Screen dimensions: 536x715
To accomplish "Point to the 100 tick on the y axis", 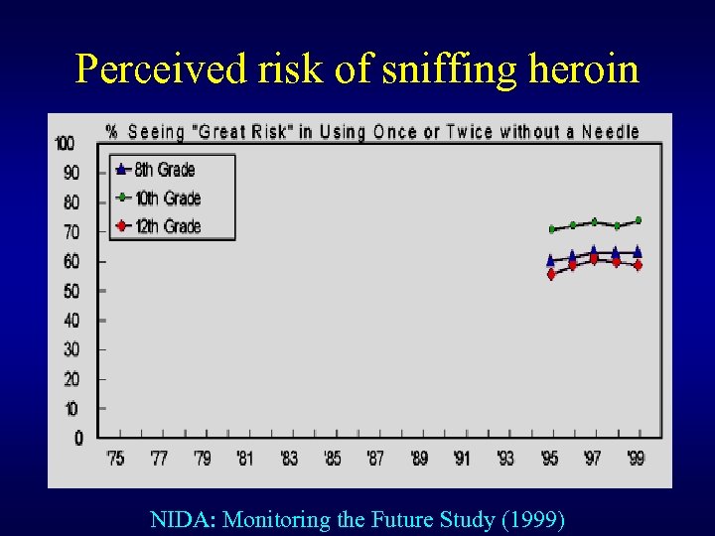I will [x=64, y=144].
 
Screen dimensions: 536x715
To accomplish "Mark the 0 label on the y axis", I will [x=78, y=438].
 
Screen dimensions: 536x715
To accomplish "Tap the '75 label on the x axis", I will [x=116, y=459].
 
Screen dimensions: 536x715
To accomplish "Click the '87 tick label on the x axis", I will [x=375, y=459].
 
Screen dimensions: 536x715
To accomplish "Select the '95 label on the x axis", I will [x=549, y=459].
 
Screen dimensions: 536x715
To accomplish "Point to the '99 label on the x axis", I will [x=635, y=459].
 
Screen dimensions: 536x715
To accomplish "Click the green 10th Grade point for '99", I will [x=638, y=220].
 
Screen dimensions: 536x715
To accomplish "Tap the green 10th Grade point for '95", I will [x=551, y=229].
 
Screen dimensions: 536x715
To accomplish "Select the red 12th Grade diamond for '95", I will [x=551, y=275].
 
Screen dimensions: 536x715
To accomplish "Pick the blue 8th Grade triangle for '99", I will [x=638, y=251].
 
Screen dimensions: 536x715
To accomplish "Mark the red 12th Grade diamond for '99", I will [x=638, y=266].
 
